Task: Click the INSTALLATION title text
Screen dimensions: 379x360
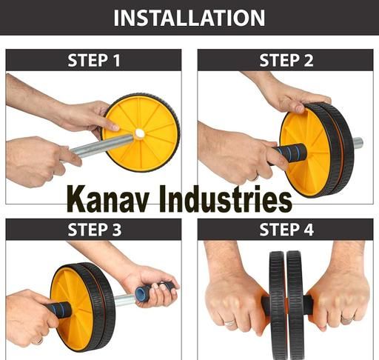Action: [189, 18]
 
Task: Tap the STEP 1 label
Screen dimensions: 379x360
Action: [94, 60]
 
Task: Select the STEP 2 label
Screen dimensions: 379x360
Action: [286, 60]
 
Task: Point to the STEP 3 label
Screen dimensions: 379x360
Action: [95, 230]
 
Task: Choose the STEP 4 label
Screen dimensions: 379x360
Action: [286, 230]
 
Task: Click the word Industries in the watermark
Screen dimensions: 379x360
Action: [225, 199]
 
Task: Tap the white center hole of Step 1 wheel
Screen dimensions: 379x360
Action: [140, 133]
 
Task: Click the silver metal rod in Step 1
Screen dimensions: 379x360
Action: [101, 147]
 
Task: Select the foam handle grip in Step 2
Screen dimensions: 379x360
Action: [289, 153]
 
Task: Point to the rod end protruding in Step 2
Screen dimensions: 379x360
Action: [358, 143]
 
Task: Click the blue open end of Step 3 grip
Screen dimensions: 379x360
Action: [140, 293]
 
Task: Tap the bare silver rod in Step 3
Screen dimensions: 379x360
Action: [125, 299]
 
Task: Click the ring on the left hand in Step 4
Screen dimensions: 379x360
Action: [229, 322]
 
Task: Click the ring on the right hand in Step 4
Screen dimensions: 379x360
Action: [347, 319]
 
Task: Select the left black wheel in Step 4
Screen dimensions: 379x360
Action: [278, 305]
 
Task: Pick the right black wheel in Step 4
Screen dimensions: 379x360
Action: [295, 305]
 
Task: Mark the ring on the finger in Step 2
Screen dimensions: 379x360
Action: [255, 177]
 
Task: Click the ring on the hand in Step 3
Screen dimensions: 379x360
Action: [39, 341]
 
